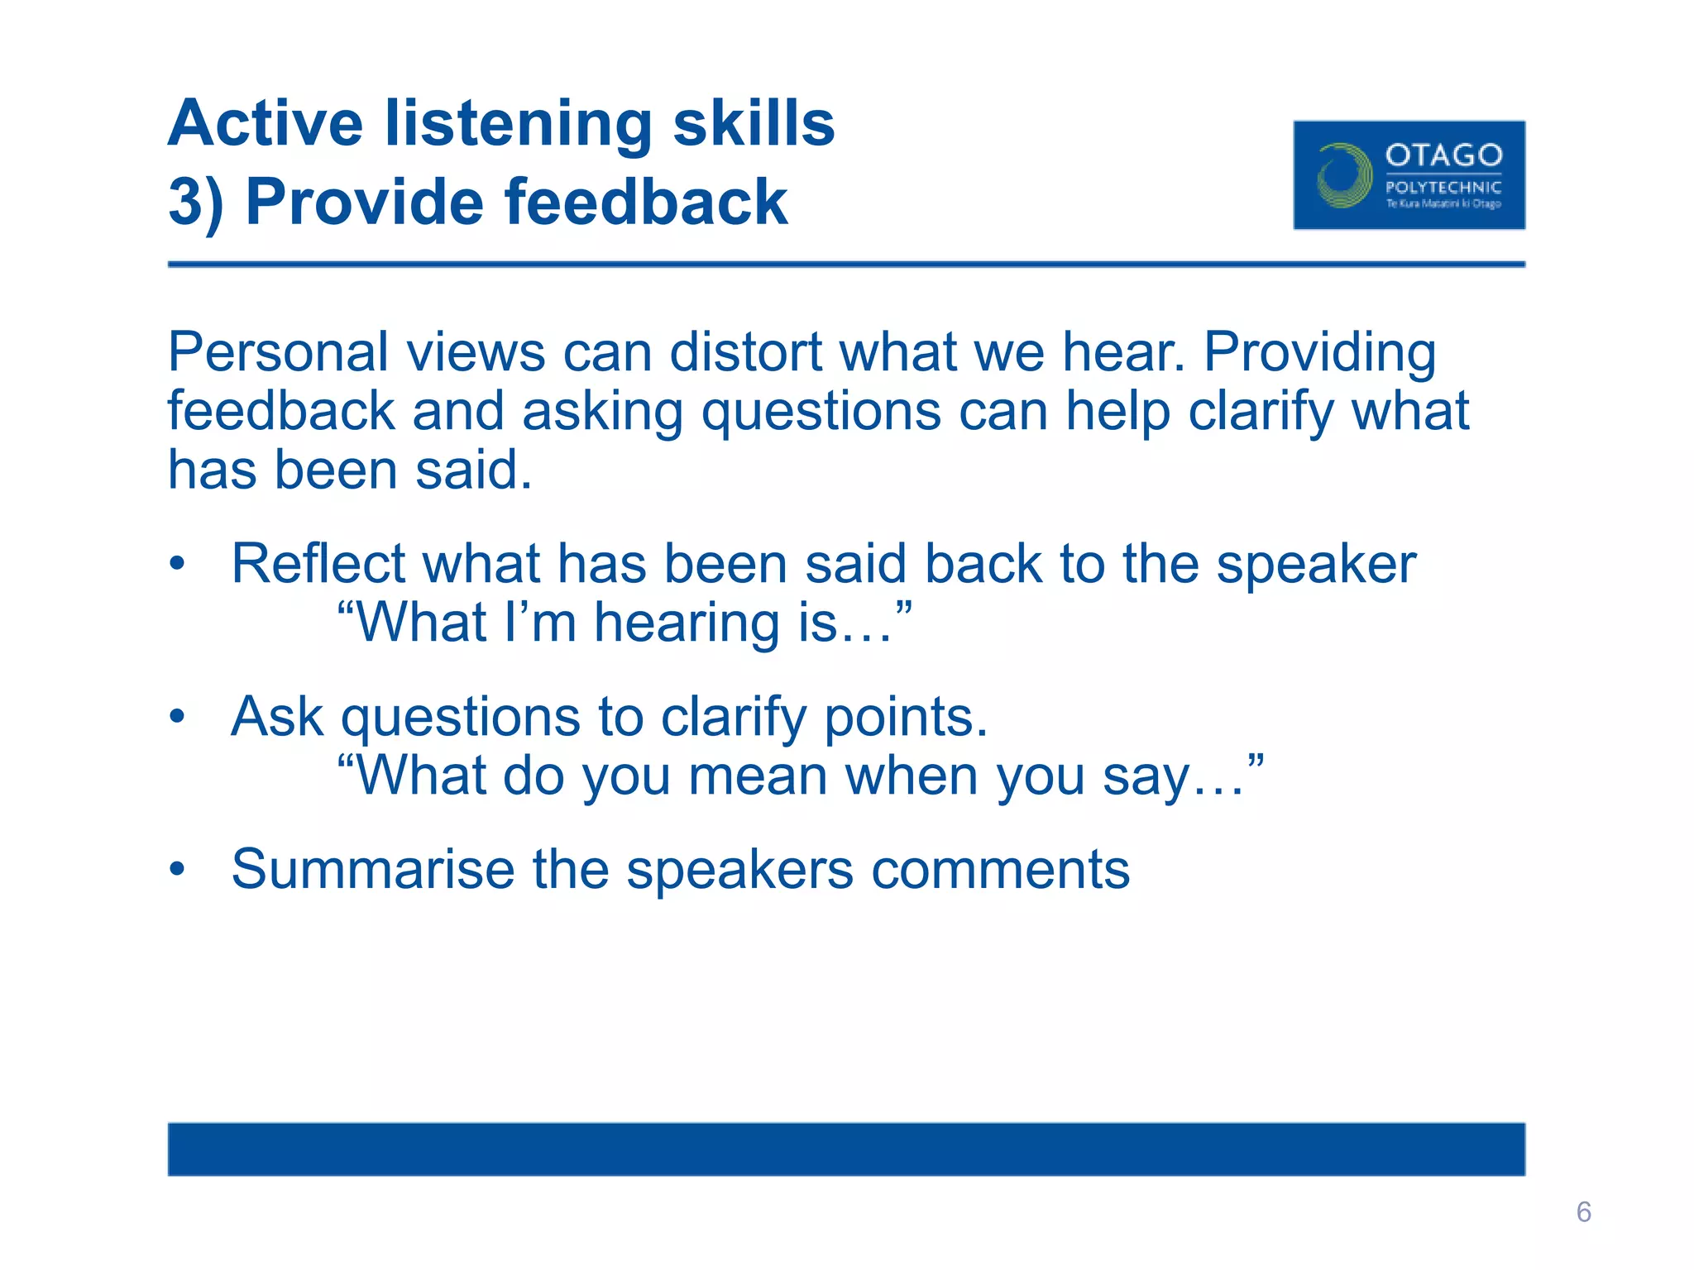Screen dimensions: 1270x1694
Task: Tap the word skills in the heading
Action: [753, 124]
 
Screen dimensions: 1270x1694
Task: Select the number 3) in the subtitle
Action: [196, 203]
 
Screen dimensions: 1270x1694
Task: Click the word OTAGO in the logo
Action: [1443, 155]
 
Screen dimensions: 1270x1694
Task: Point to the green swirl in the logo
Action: [1343, 175]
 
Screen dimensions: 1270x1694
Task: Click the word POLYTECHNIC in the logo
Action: [1443, 188]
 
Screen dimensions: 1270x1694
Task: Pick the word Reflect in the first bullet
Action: [318, 565]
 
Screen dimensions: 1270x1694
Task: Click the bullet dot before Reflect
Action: [177, 565]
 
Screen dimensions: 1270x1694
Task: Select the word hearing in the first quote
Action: [686, 623]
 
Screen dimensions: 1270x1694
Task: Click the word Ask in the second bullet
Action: [276, 717]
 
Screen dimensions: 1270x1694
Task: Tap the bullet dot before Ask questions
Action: [177, 717]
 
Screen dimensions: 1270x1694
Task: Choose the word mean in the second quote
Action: [757, 777]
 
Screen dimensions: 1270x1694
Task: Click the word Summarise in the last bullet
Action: [372, 870]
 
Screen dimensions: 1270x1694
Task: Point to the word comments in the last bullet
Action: [1000, 870]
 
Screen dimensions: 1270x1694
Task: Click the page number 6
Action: [1583, 1212]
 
